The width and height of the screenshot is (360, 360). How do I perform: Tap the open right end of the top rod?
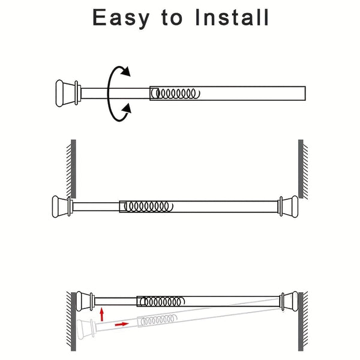(305, 94)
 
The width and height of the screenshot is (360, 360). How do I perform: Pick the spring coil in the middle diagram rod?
(147, 206)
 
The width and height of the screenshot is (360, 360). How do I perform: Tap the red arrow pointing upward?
(103, 313)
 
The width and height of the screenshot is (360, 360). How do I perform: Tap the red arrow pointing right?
(121, 324)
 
